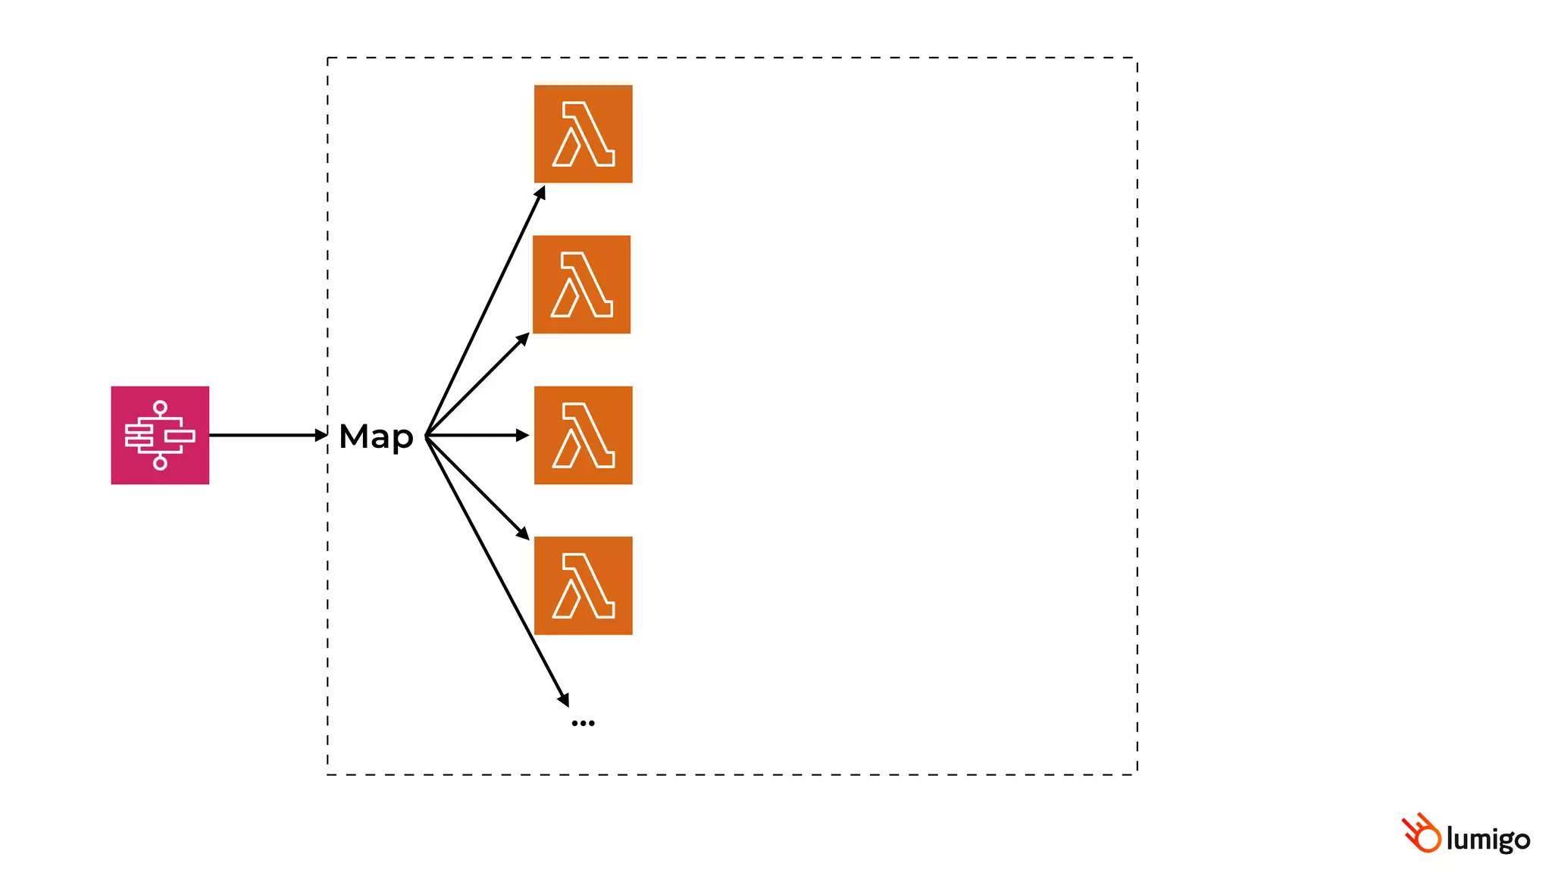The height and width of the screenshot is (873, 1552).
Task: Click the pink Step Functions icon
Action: coord(160,435)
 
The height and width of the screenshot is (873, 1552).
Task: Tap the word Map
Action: coord(376,436)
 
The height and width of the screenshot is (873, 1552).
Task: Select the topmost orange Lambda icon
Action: coord(583,133)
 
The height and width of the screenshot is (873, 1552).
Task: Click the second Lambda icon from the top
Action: coord(581,284)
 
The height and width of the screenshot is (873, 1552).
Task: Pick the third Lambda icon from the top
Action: coord(583,435)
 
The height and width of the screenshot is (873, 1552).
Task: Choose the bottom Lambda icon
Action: coord(583,586)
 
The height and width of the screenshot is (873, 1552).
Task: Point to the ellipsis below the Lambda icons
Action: coord(583,723)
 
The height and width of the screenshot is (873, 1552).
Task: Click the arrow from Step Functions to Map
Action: coord(265,435)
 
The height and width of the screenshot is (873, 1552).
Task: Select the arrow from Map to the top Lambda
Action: coord(485,311)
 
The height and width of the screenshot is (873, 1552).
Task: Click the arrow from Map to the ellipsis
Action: coord(496,568)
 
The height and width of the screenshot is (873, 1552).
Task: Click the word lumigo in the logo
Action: coord(1488,839)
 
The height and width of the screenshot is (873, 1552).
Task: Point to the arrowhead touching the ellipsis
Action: coord(563,699)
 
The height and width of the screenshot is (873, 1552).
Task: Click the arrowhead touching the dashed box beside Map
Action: coord(321,435)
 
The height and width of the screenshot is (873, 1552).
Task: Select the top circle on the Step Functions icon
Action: coord(160,408)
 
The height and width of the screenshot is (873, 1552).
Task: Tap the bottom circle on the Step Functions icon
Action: coord(160,463)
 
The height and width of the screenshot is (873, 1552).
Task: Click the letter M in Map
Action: coord(354,436)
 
